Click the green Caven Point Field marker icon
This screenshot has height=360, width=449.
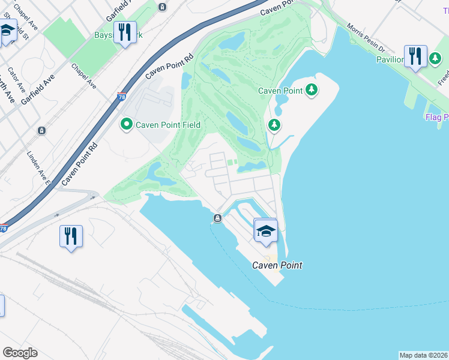(127, 125)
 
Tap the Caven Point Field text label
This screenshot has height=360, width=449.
(167, 125)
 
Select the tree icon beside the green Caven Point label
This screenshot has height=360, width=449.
(311, 91)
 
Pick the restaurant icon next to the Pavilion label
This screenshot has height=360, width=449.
(415, 56)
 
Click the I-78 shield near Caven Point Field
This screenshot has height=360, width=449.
(122, 97)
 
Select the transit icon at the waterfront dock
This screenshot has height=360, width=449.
(218, 218)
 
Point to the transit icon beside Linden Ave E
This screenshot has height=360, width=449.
(41, 130)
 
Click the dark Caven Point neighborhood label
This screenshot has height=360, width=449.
(277, 265)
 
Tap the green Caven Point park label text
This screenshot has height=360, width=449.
(280, 91)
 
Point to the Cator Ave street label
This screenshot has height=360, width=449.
(17, 87)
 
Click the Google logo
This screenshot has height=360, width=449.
(20, 353)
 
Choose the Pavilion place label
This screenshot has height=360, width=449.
(390, 59)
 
